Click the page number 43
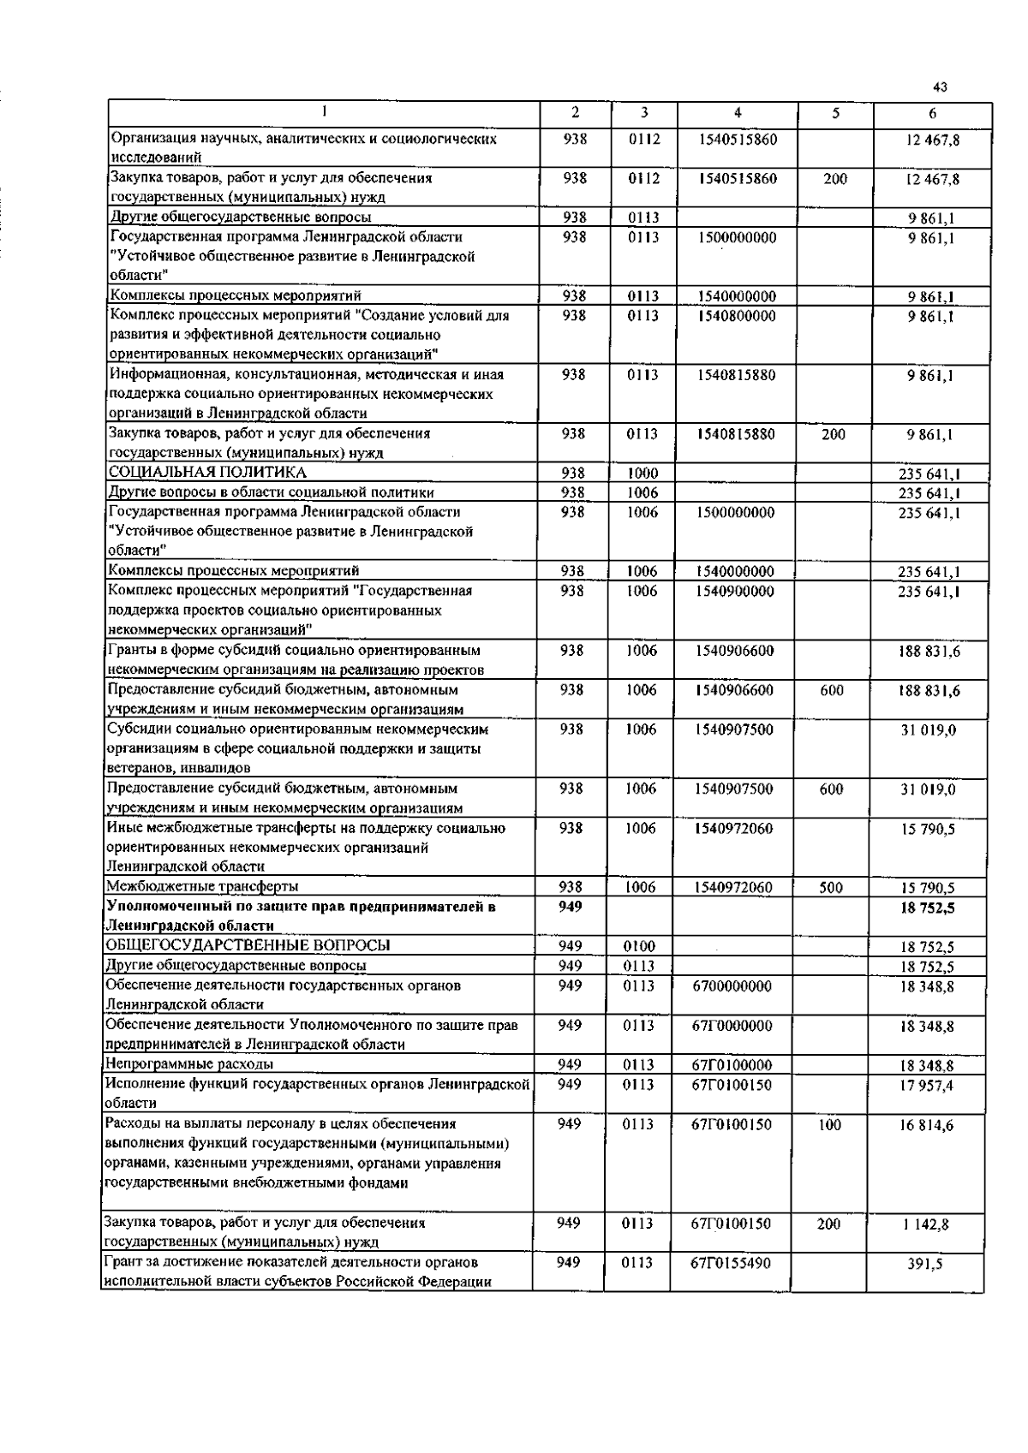click(x=940, y=87)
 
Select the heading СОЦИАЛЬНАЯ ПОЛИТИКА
click(x=206, y=473)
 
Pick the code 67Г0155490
click(x=731, y=1263)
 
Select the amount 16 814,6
click(x=925, y=1126)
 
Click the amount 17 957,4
click(x=925, y=1086)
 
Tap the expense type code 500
click(x=830, y=888)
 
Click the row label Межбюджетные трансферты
click(x=202, y=887)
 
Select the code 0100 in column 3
click(x=640, y=946)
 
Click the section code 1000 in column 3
click(x=642, y=473)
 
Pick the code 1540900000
click(x=735, y=592)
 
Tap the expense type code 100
click(x=829, y=1125)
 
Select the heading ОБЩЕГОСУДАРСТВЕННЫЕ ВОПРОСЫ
click(x=247, y=946)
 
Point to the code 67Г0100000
click(x=732, y=1065)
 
